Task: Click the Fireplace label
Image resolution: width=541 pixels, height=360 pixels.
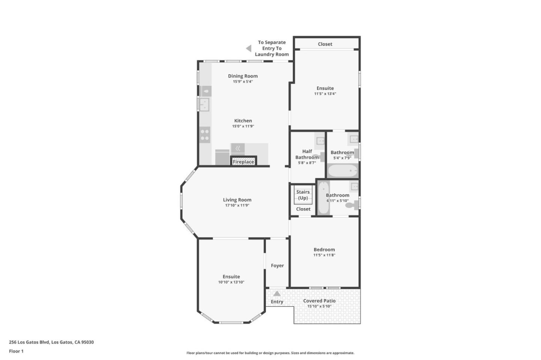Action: tap(243, 162)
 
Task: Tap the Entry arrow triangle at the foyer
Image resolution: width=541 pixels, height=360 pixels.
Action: tap(277, 294)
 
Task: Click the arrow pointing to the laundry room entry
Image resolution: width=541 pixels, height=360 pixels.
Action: tap(249, 48)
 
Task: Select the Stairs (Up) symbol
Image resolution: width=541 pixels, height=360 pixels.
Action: tap(303, 195)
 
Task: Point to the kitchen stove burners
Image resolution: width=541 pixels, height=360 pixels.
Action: tap(205, 135)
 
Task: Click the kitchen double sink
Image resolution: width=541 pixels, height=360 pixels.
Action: tap(204, 104)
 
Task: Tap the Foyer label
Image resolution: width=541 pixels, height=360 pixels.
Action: tap(277, 265)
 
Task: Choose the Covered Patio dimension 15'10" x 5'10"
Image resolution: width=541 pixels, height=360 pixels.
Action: tap(319, 306)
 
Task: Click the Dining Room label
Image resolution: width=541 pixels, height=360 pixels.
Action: tap(243, 76)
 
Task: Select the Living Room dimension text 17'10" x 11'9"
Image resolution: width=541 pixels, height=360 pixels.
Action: tap(237, 205)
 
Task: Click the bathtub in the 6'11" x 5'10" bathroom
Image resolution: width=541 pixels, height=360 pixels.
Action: tap(323, 198)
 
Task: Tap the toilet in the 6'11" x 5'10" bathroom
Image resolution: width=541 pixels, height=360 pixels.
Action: tap(352, 205)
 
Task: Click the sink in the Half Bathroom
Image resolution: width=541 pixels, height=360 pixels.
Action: tap(320, 141)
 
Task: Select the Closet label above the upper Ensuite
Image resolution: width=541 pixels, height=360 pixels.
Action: tap(325, 44)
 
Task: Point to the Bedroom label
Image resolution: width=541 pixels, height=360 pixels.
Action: tap(324, 250)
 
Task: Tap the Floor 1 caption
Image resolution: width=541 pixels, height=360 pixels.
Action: tap(16, 351)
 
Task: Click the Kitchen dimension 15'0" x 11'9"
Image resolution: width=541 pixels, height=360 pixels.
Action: tap(243, 126)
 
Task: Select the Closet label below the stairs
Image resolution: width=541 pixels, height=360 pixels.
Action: tap(303, 209)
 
